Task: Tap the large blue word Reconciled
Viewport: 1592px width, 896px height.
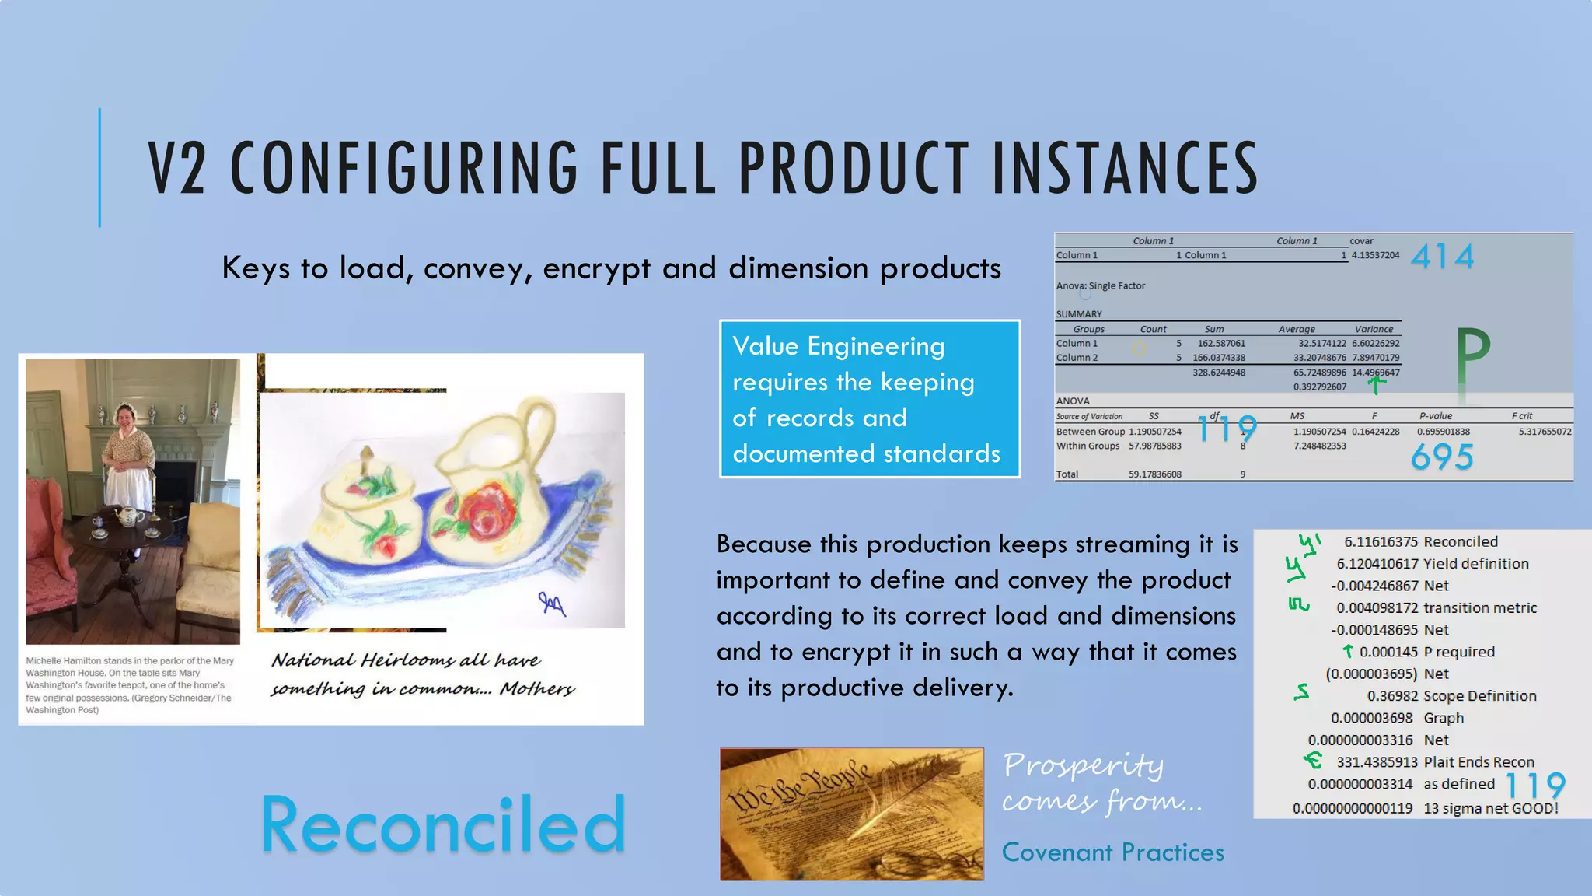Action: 443,824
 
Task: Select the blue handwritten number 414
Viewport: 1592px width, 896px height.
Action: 1442,257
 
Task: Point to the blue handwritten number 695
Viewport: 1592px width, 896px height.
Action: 1442,457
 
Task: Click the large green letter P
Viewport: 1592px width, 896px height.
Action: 1472,358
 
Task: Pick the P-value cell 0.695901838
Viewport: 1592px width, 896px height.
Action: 1443,432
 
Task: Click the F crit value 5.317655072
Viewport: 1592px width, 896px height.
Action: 1545,432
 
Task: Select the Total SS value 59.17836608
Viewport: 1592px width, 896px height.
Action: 1154,474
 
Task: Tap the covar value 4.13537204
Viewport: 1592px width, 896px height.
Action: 1375,255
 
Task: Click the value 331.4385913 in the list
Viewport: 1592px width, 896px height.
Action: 1377,762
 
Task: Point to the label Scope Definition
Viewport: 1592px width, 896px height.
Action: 1479,696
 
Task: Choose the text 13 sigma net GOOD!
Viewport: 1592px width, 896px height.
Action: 1490,808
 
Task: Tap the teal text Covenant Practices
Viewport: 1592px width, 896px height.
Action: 1112,852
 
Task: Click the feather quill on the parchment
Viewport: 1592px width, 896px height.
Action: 902,801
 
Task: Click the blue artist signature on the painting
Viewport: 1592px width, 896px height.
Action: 552,602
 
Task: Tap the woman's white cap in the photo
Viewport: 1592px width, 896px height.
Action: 125,409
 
